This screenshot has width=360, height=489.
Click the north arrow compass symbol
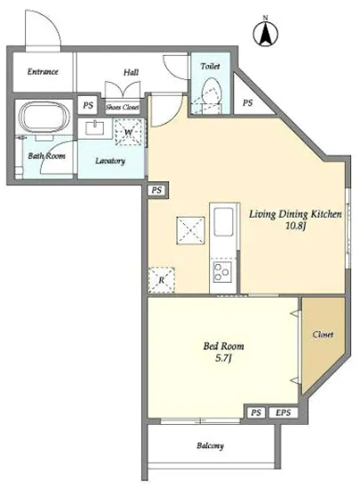click(x=266, y=33)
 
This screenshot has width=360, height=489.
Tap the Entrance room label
click(x=43, y=72)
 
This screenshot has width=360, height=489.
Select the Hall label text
click(x=131, y=72)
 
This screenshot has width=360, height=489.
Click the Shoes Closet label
click(x=122, y=108)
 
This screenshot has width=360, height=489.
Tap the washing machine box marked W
click(x=128, y=132)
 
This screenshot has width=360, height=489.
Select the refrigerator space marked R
click(x=161, y=280)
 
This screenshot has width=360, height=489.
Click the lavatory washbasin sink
click(x=95, y=128)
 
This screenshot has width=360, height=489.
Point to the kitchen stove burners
click(x=222, y=272)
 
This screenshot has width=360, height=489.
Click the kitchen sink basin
click(x=223, y=221)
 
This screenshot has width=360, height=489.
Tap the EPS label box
click(x=283, y=413)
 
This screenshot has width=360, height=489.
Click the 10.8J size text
click(x=295, y=226)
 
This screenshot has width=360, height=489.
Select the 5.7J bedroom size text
click(x=223, y=358)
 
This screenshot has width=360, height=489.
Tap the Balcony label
click(x=210, y=445)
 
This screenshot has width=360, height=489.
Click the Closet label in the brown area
click(x=323, y=334)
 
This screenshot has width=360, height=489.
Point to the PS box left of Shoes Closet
click(x=88, y=106)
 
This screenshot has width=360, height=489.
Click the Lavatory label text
click(x=110, y=161)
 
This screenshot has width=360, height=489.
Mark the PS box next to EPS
click(x=256, y=413)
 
